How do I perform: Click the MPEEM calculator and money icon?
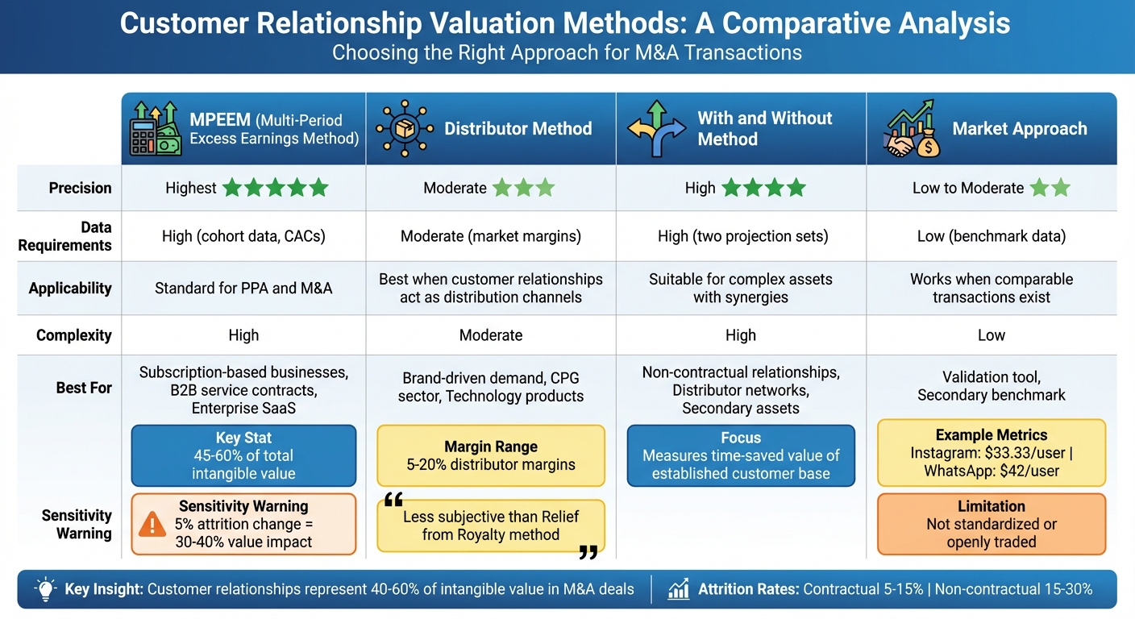click(x=155, y=129)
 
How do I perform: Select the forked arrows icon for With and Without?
click(x=656, y=129)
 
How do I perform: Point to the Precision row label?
click(x=80, y=188)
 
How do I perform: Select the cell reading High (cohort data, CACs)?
click(x=243, y=236)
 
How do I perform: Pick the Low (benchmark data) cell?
click(x=991, y=236)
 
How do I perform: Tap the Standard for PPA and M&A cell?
click(x=243, y=288)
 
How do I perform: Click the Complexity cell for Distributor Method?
click(x=490, y=335)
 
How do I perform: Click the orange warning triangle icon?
click(x=152, y=525)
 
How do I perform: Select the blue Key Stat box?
click(x=243, y=455)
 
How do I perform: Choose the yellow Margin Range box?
click(x=490, y=455)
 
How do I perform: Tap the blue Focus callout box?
click(x=740, y=455)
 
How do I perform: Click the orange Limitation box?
click(x=991, y=524)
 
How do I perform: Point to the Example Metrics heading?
click(x=991, y=435)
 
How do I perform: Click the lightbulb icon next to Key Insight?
click(x=45, y=589)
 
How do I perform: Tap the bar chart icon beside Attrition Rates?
click(x=678, y=589)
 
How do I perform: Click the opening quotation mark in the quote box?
click(x=393, y=501)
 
